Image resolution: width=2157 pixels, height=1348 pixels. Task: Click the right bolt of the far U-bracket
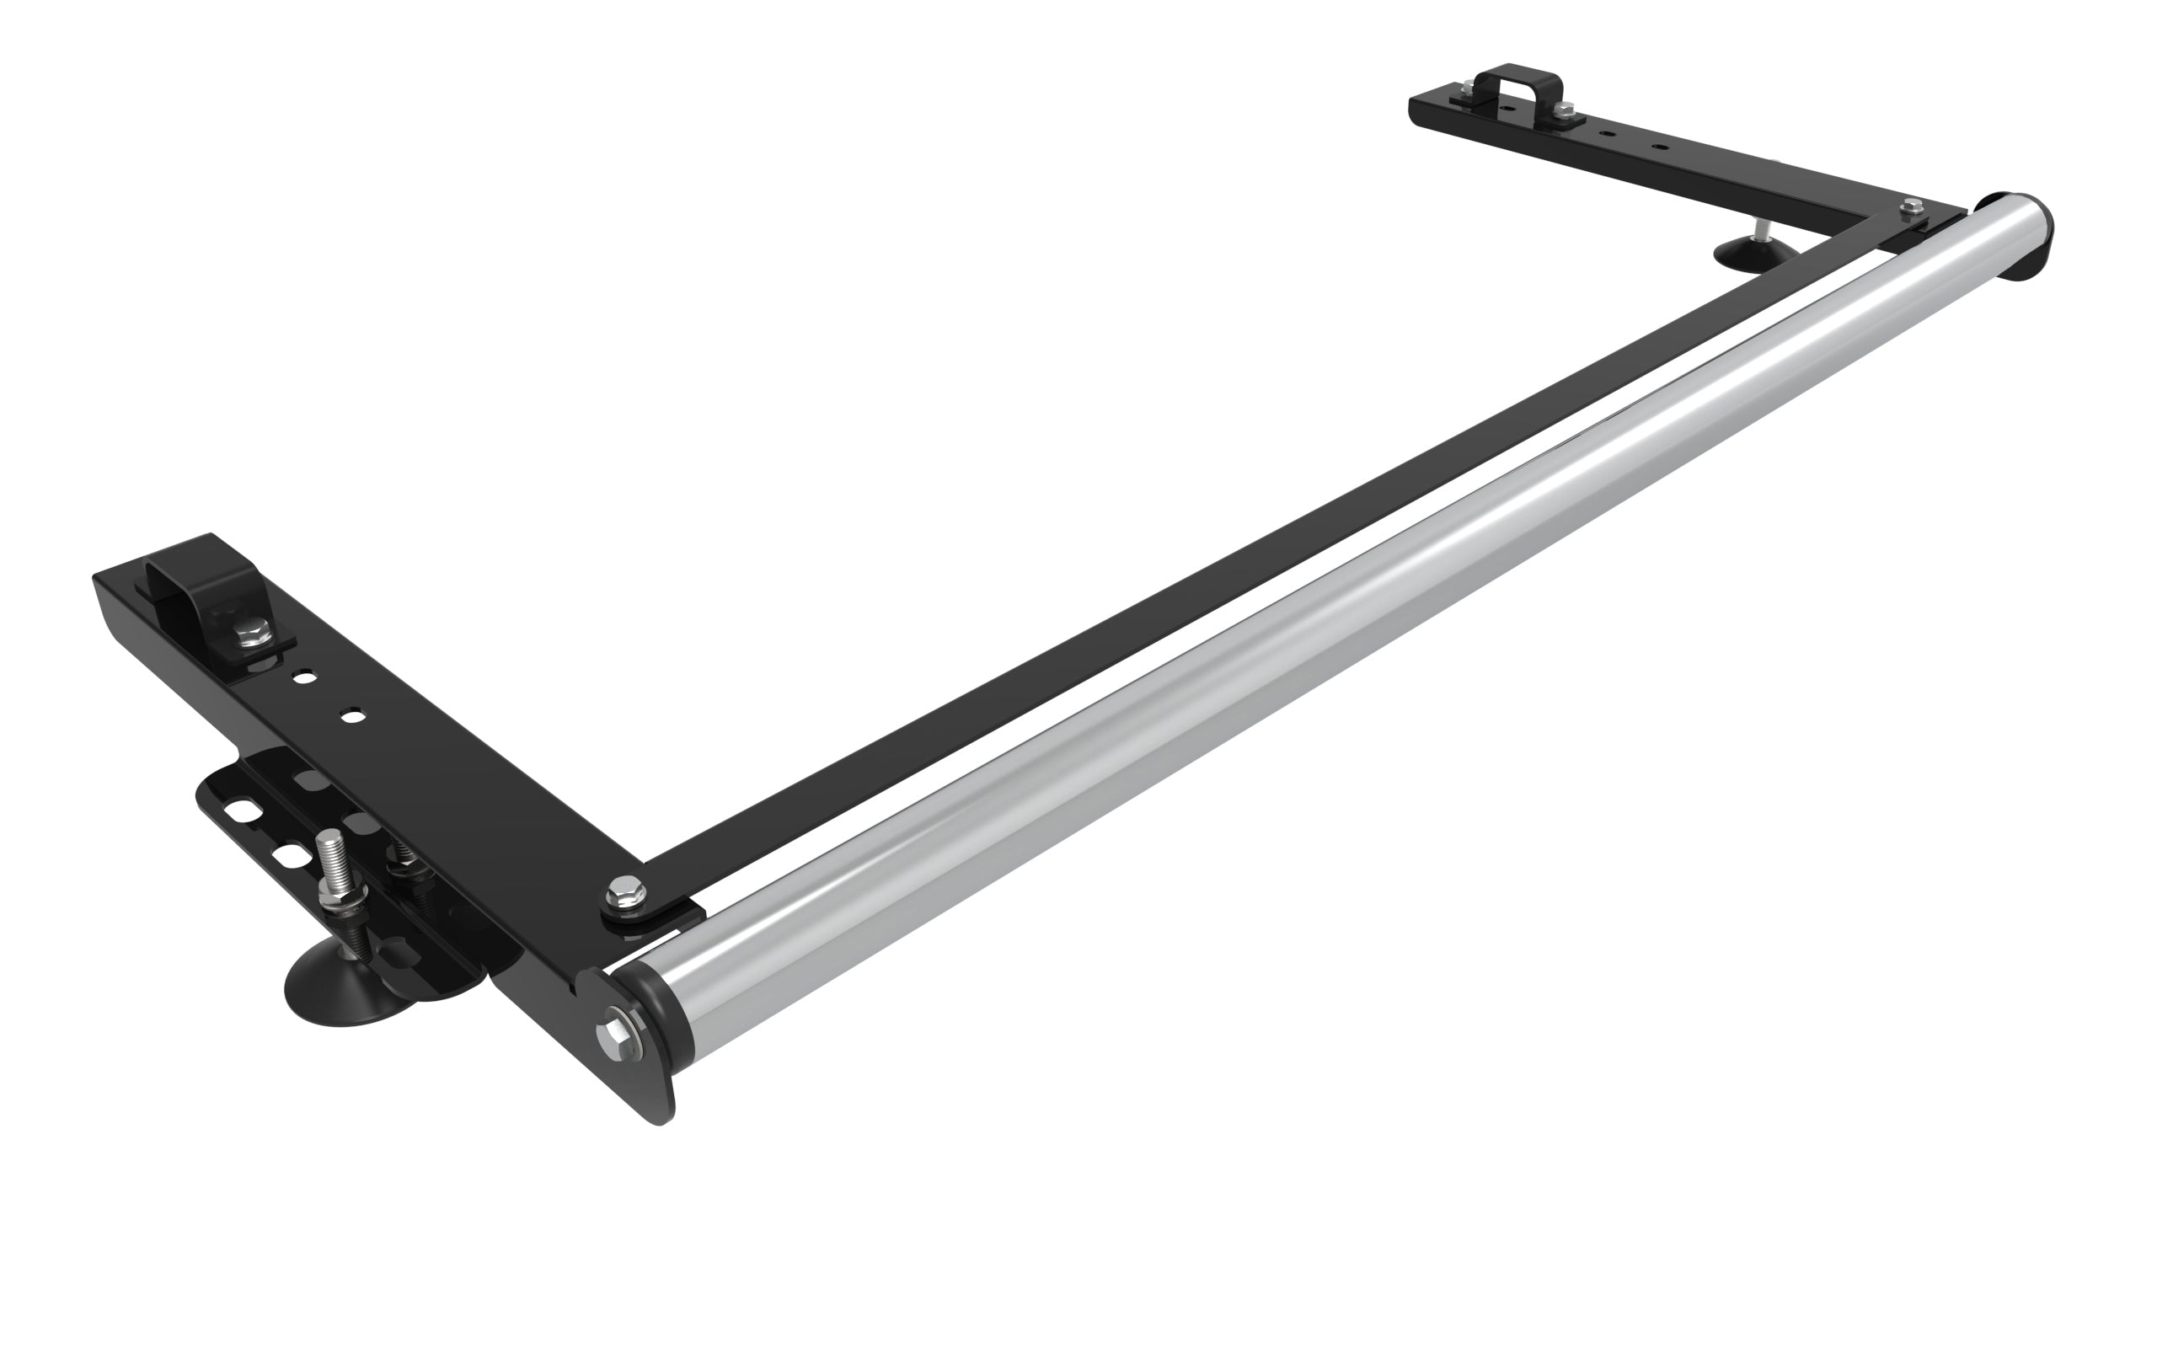(1565, 110)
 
